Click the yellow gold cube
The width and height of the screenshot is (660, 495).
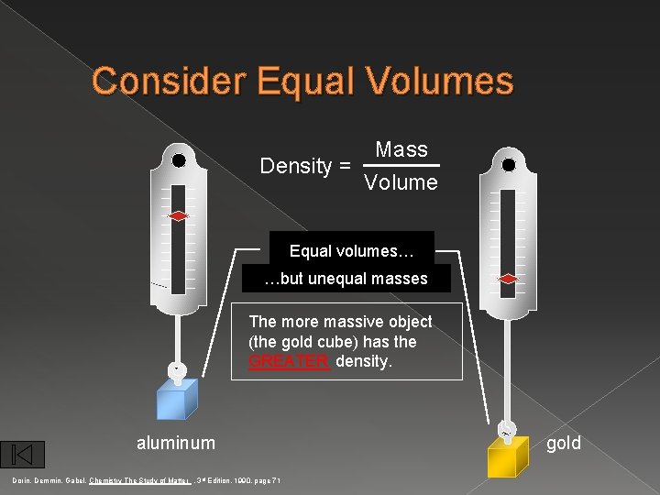(508, 456)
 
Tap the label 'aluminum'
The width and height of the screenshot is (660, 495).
(176, 444)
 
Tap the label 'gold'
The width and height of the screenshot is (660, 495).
(563, 444)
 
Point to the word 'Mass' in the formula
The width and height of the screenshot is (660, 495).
(401, 149)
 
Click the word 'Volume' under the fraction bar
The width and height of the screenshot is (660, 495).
(401, 182)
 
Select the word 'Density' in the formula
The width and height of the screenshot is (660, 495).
(295, 166)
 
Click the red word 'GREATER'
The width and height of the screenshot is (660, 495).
(289, 361)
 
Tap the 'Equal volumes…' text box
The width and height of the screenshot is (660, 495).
(352, 250)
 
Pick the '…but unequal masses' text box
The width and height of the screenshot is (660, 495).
(346, 279)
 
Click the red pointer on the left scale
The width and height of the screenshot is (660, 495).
(179, 216)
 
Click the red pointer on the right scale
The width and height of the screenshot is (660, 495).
(509, 279)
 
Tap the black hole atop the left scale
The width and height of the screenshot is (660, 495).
(179, 160)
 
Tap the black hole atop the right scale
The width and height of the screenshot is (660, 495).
(509, 166)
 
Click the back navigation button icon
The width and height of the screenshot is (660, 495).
(23, 454)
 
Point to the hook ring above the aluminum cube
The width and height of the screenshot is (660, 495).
(178, 370)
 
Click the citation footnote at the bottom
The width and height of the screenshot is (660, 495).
(146, 480)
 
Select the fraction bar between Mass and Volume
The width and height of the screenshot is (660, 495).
(401, 166)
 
